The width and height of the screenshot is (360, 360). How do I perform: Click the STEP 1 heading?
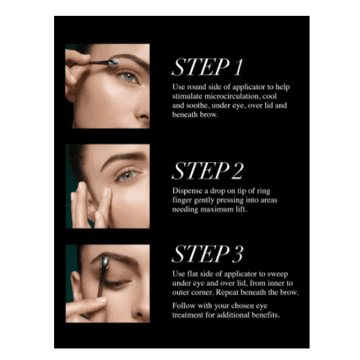click(x=207, y=68)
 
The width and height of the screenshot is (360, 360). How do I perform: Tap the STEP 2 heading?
click(x=207, y=171)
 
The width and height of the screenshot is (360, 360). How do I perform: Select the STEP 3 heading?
click(x=207, y=254)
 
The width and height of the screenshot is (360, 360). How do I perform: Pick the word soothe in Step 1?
click(x=197, y=106)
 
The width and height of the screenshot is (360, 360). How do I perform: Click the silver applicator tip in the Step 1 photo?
click(x=113, y=62)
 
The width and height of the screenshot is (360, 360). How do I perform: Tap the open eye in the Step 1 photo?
click(x=128, y=77)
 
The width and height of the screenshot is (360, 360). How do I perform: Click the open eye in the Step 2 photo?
click(x=127, y=175)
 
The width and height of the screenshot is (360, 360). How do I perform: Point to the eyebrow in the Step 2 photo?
click(x=124, y=159)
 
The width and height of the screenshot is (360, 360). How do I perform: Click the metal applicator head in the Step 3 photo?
click(x=105, y=262)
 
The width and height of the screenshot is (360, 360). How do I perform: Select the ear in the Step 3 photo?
click(x=75, y=286)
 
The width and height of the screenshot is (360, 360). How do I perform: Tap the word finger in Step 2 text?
click(x=182, y=200)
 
